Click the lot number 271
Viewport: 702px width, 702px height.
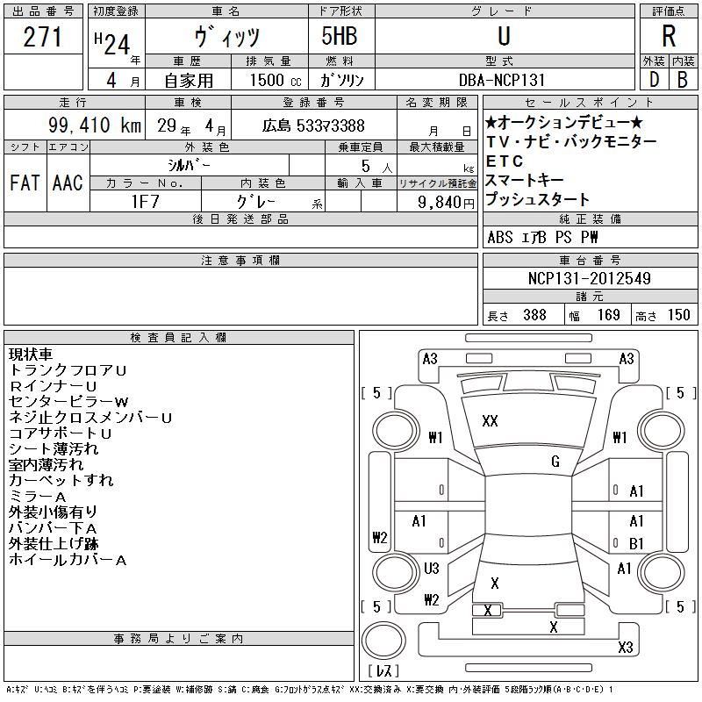pos(42,37)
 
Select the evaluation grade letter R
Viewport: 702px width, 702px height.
pos(669,36)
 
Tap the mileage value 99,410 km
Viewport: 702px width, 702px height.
pos(95,125)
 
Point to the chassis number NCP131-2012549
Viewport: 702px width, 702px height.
pos(589,278)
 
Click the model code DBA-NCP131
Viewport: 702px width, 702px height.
pos(502,80)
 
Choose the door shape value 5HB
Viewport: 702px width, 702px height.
pos(340,36)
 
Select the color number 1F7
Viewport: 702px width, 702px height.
pos(145,202)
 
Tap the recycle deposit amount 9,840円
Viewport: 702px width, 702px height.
pos(446,203)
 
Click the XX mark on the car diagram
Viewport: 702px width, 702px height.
pos(490,421)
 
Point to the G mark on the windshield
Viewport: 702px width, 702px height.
pos(555,462)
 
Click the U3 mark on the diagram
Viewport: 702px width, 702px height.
pos(431,569)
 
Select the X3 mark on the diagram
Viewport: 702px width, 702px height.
pos(626,647)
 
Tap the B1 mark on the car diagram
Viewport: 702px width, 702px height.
pos(636,543)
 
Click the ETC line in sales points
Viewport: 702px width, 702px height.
pos(505,161)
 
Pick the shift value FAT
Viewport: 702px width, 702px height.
pos(25,183)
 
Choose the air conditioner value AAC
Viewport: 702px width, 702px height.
pos(68,183)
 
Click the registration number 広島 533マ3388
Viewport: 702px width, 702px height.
pos(313,125)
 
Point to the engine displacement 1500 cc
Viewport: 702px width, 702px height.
pos(276,80)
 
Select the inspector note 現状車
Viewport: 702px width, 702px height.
pos(31,355)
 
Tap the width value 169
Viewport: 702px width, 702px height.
pos(609,315)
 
